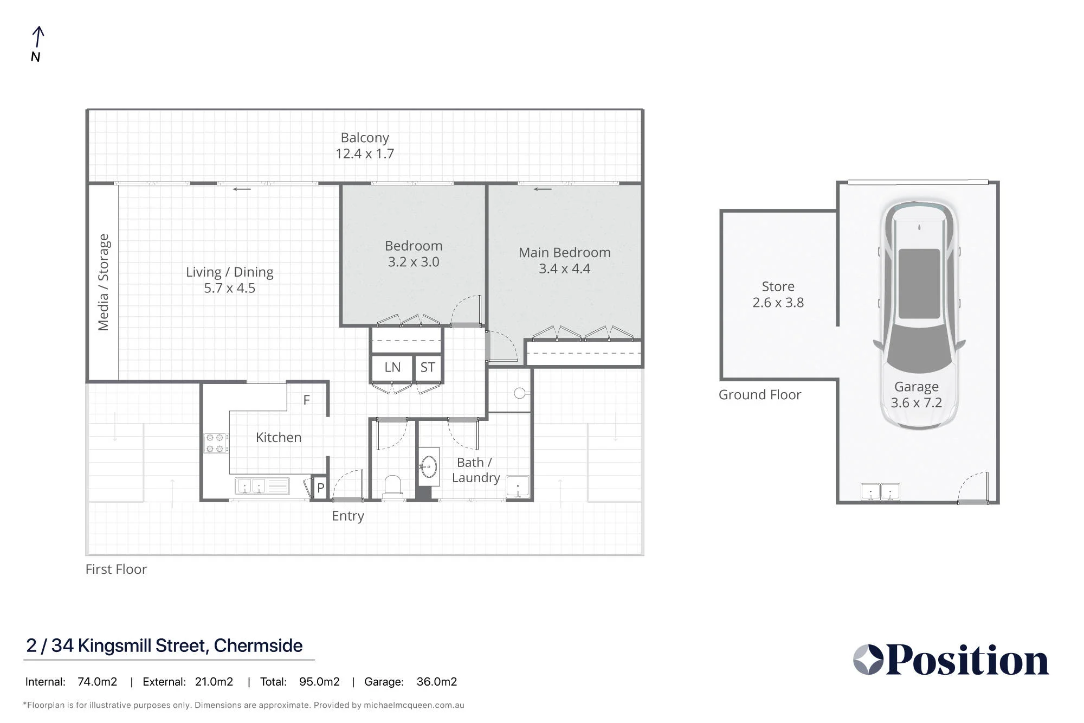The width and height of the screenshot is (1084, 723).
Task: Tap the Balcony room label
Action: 365,138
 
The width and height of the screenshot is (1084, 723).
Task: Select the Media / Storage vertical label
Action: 103,282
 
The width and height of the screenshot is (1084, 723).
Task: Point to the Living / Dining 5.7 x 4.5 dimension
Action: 229,288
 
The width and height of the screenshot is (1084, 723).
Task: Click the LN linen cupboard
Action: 392,367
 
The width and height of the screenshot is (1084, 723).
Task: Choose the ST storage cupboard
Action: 428,367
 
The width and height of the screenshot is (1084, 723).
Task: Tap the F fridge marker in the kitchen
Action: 307,400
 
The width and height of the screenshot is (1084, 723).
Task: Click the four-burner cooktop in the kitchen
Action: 216,443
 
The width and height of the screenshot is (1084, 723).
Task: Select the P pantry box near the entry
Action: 321,488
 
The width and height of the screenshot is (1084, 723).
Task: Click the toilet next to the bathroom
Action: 392,487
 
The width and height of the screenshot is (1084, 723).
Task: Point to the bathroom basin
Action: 429,466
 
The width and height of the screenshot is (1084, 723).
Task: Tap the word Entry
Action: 348,516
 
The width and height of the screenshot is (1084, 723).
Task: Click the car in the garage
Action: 919,315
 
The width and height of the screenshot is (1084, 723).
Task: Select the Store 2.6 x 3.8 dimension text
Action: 778,302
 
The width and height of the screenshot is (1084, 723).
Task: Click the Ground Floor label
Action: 760,395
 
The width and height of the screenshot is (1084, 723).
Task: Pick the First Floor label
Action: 116,569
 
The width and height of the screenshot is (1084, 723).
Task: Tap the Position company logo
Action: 951,660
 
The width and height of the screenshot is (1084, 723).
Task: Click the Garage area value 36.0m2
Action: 436,682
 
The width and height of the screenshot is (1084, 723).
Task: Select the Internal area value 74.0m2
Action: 97,682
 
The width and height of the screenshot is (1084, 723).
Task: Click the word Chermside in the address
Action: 258,645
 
